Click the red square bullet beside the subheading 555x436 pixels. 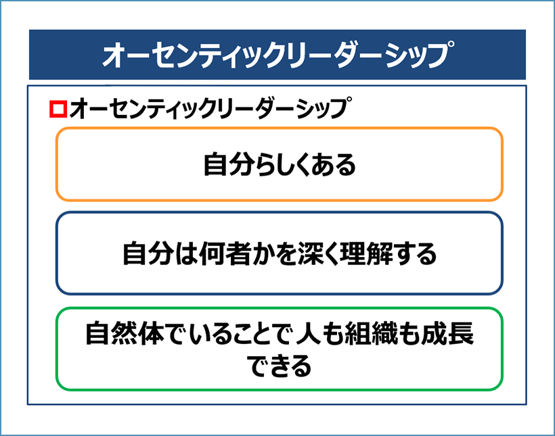(x=58, y=109)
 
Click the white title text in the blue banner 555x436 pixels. (x=279, y=55)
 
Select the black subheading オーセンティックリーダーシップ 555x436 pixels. (x=211, y=108)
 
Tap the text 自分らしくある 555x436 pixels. (x=280, y=165)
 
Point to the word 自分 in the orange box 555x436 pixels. (x=229, y=165)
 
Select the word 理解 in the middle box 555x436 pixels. (x=365, y=253)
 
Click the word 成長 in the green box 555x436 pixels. (x=447, y=333)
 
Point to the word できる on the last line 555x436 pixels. (x=279, y=365)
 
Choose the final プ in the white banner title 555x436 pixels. (x=441, y=54)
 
